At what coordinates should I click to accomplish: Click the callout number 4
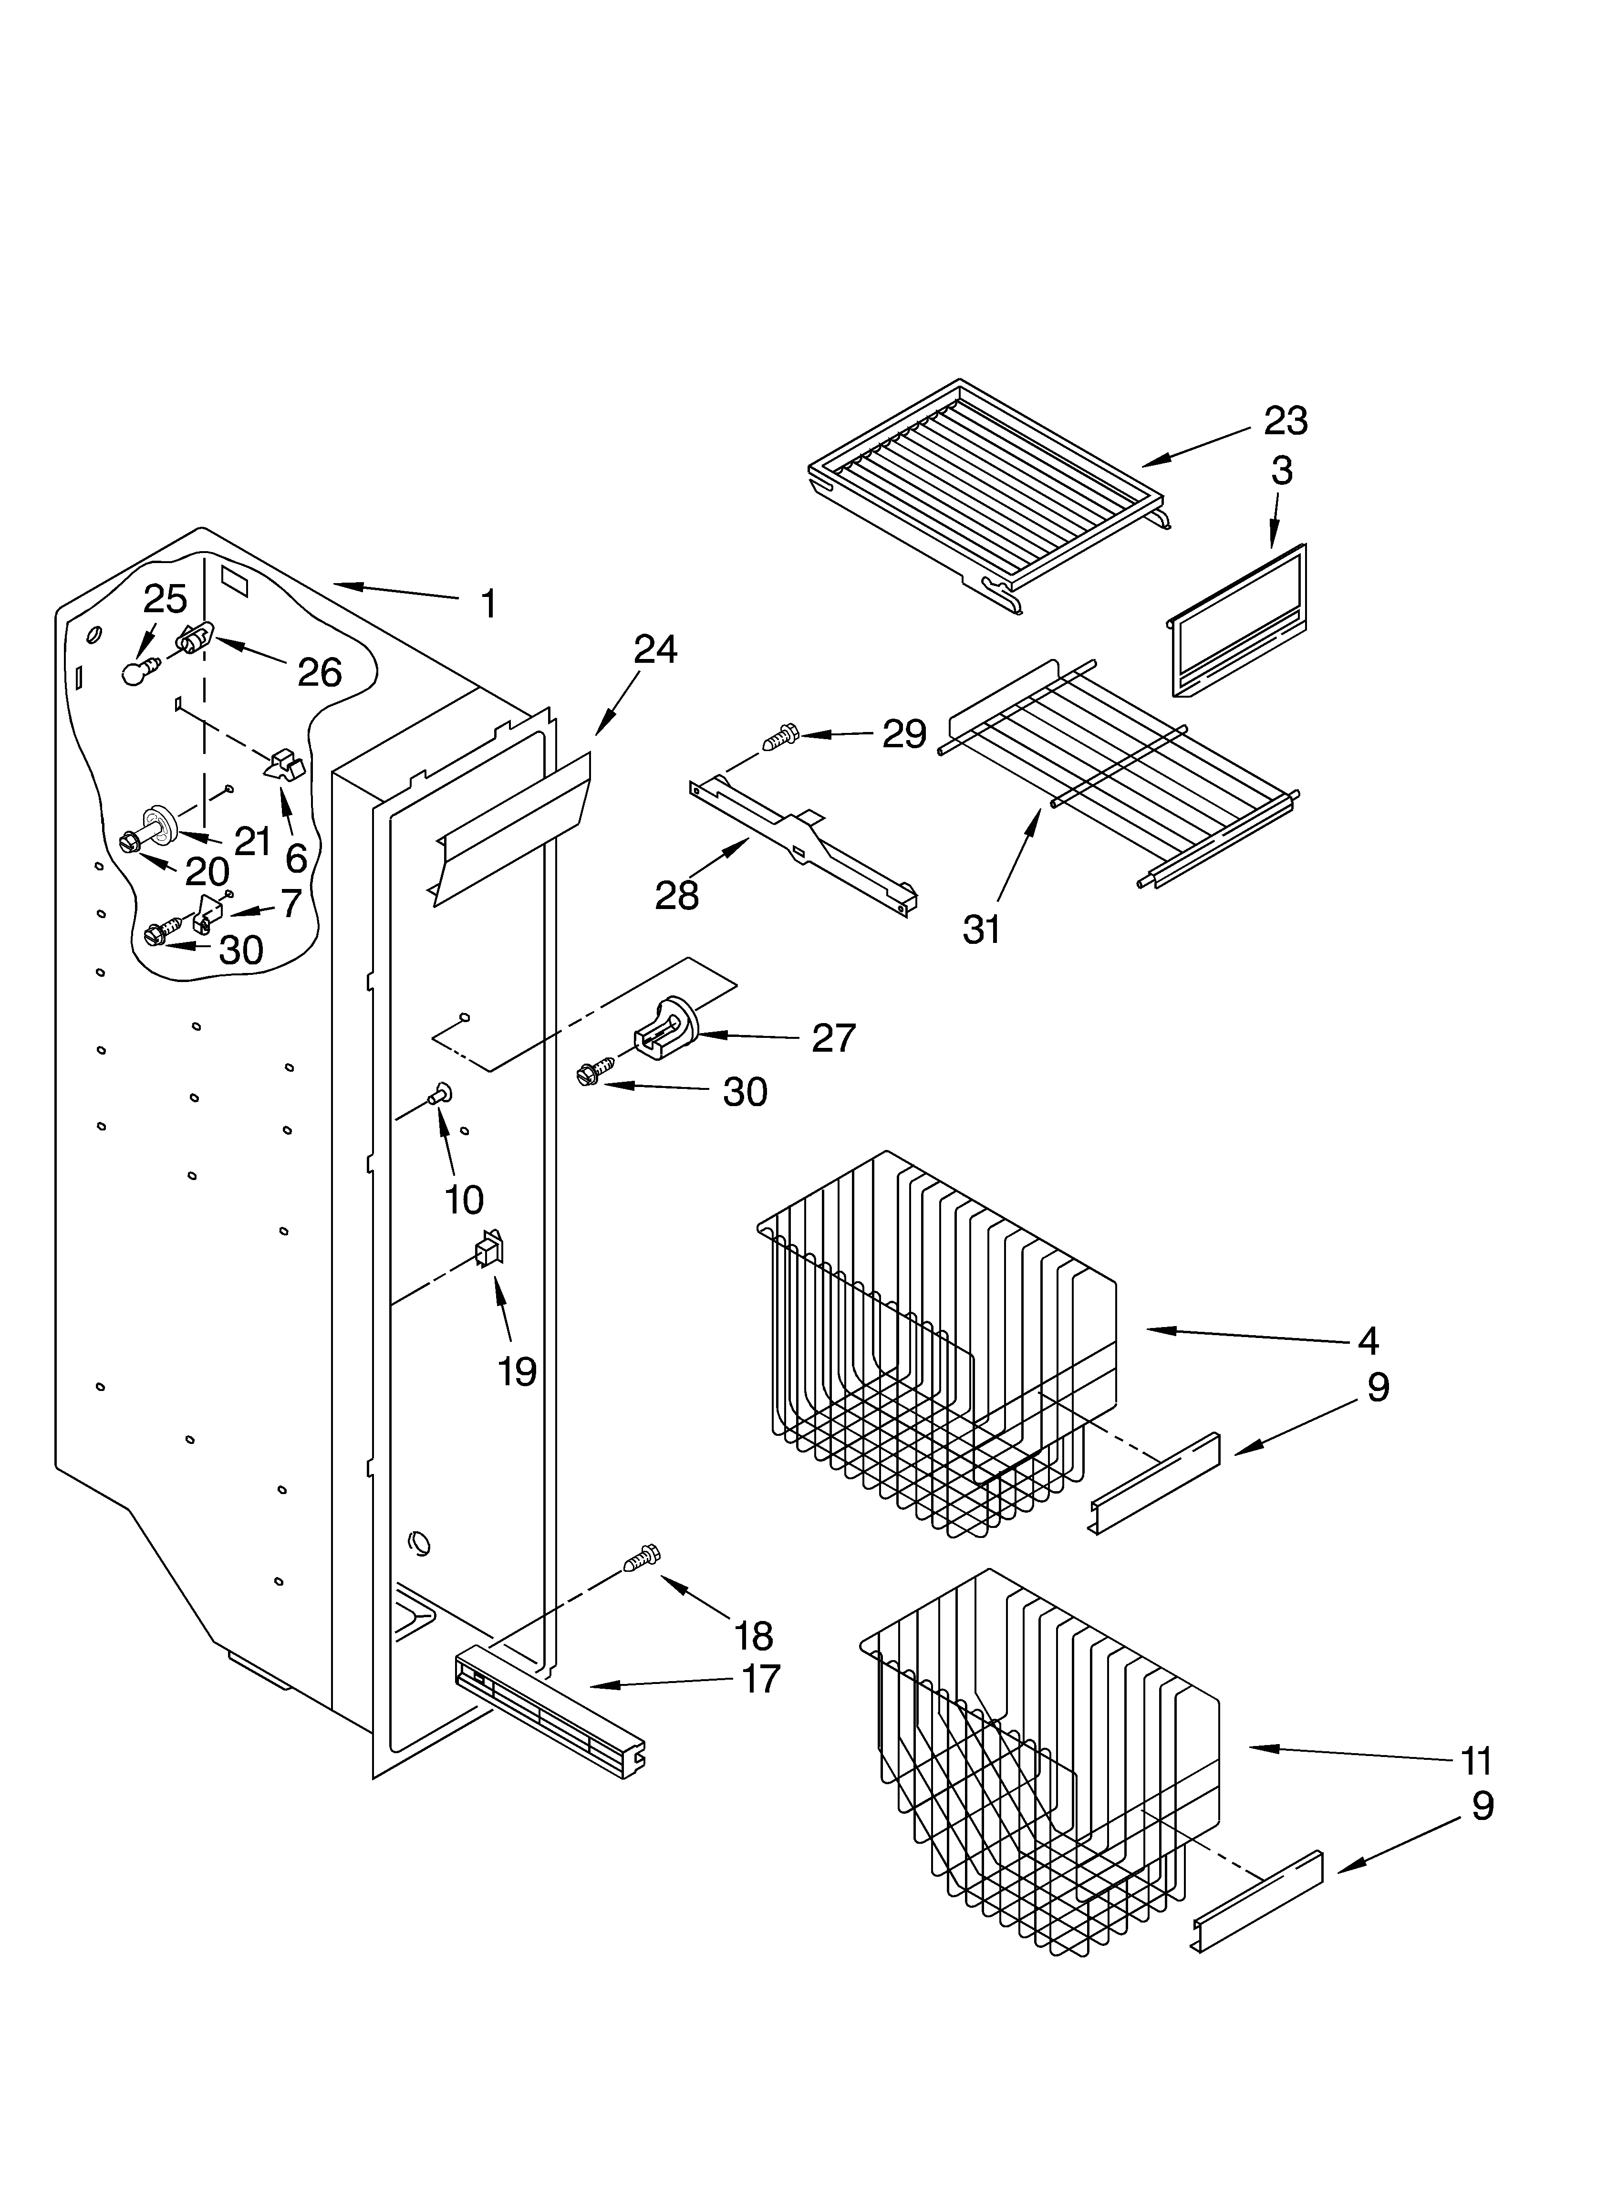pyautogui.click(x=1368, y=1340)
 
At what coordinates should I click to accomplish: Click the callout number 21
pyautogui.click(x=253, y=840)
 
